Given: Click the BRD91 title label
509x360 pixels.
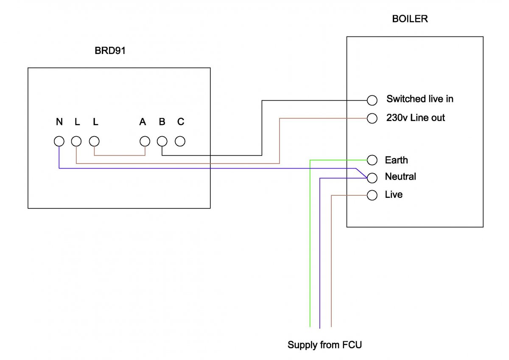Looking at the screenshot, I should point(110,51).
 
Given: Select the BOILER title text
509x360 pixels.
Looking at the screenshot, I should point(410,19).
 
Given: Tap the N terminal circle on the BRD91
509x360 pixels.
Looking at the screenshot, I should point(59,141).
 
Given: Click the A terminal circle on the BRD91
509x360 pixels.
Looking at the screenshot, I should point(145,141).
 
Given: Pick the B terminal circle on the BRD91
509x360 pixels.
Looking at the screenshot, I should point(162,141).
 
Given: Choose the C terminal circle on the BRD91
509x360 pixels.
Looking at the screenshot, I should point(180,141).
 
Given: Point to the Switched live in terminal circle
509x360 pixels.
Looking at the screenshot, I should point(372,100).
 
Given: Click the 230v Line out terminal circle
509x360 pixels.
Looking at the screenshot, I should point(372,118).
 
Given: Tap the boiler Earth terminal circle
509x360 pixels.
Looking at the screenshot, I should point(372,160).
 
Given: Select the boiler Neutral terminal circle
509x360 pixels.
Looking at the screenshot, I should point(372,177).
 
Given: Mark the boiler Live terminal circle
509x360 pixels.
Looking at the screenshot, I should point(372,195).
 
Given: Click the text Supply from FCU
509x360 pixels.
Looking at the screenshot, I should point(324,345).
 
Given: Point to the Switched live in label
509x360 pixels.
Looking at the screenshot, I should point(420,99).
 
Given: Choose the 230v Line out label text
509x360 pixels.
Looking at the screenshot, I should point(415,118).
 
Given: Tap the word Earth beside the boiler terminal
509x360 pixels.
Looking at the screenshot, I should point(396,160).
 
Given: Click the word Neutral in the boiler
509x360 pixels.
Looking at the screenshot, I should point(400,176).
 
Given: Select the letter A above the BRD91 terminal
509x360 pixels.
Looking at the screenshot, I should point(143,122).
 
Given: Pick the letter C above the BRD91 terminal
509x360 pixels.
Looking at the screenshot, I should point(181,122).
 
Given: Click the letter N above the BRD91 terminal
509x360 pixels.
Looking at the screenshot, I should point(59,122).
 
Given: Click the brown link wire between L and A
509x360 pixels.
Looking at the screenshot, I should point(120,155).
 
